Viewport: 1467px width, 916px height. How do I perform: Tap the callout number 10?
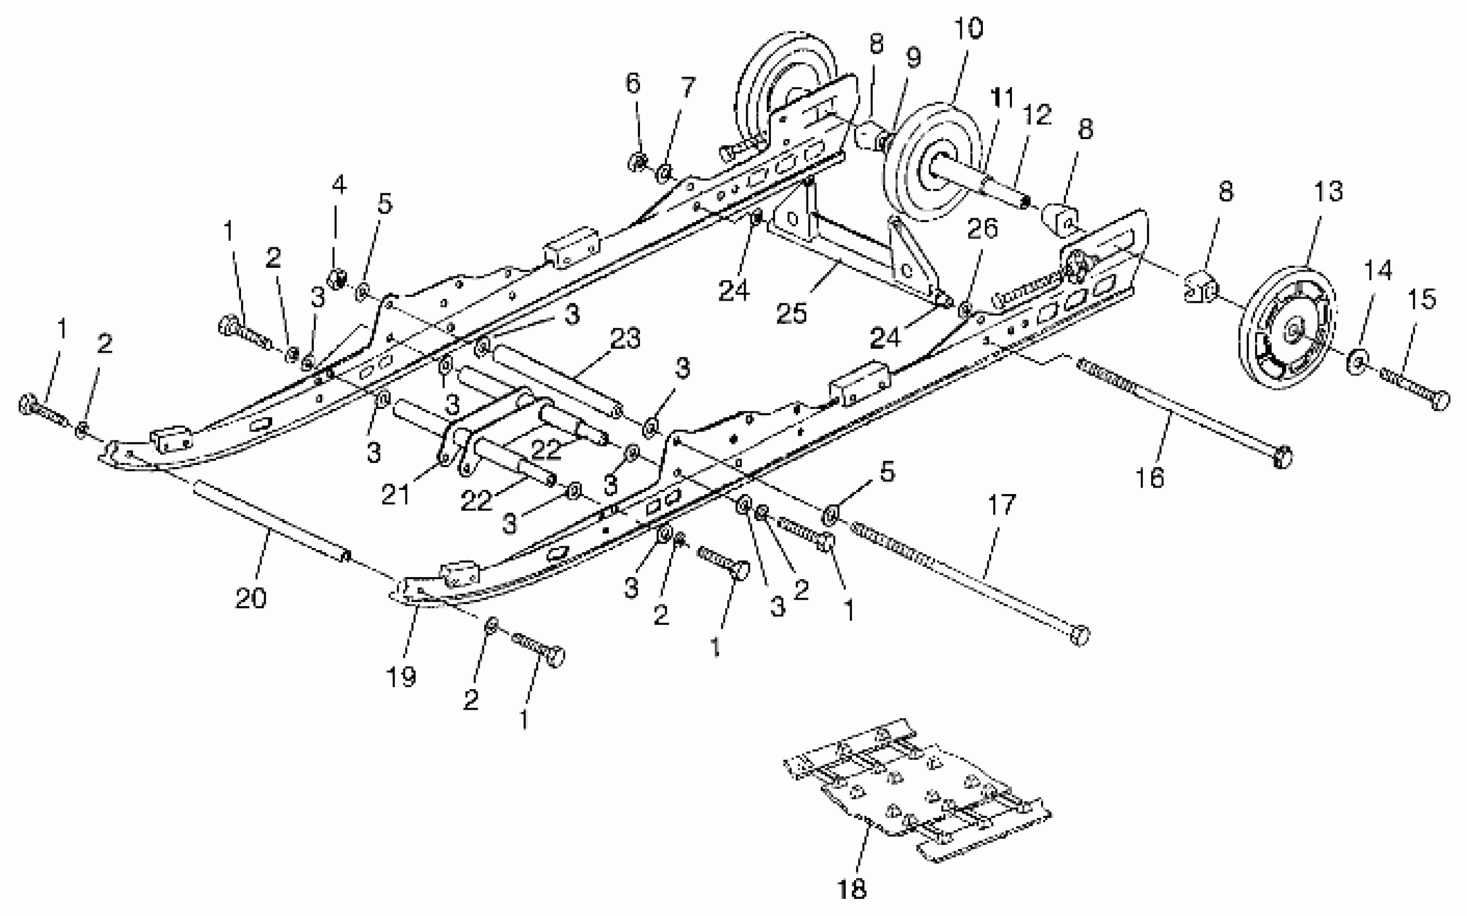click(x=968, y=29)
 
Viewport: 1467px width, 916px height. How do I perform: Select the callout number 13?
click(x=1328, y=191)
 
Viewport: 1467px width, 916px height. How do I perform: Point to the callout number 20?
click(x=250, y=598)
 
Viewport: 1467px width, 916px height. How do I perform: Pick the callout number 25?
click(x=791, y=313)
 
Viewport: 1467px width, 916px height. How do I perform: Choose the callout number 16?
click(x=1150, y=477)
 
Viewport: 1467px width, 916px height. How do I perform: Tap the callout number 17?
click(x=1001, y=505)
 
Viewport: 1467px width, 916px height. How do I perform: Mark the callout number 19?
click(x=401, y=677)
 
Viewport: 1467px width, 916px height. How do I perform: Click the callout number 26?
click(x=982, y=229)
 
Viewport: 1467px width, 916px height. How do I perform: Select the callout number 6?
click(x=632, y=83)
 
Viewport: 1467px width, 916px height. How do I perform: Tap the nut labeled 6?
click(x=637, y=162)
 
